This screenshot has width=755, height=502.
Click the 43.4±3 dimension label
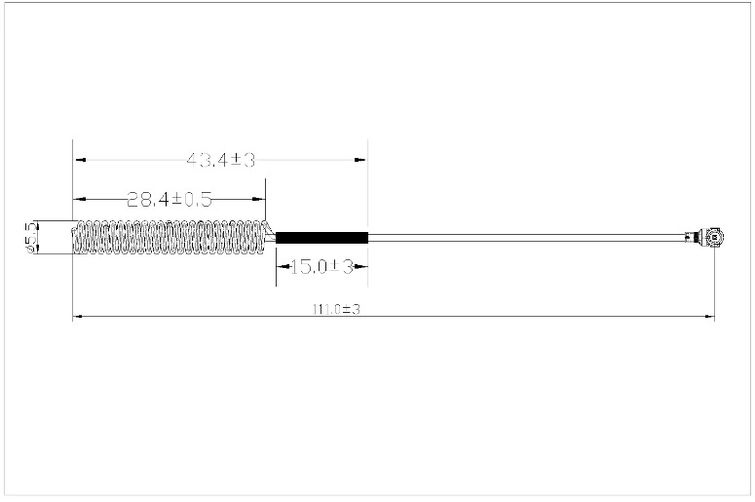[221, 160]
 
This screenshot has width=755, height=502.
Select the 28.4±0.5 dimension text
[170, 199]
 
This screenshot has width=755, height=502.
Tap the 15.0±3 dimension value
[322, 266]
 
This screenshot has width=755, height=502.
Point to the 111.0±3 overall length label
[336, 309]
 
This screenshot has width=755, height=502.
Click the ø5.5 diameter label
[32, 237]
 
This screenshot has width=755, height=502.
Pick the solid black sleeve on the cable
[321, 238]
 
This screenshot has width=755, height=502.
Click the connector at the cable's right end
[705, 237]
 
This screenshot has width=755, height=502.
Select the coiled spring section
[169, 237]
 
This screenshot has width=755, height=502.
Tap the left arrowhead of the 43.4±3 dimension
[80, 160]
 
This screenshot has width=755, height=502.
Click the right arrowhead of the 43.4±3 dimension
[360, 160]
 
